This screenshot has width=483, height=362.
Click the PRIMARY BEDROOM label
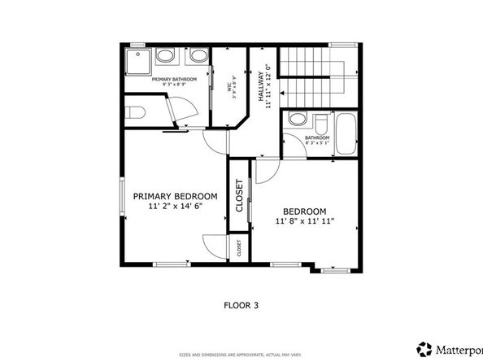click(175, 196)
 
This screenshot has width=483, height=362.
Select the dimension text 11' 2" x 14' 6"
click(175, 207)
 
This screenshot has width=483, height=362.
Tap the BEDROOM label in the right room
click(305, 211)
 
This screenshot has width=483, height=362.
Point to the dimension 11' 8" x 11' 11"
click(305, 220)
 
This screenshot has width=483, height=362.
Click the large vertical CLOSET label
click(240, 196)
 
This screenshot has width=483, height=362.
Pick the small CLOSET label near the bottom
click(239, 248)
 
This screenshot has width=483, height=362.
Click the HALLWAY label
click(263, 84)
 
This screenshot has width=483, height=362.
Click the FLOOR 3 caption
click(241, 306)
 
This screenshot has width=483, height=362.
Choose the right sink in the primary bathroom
click(197, 57)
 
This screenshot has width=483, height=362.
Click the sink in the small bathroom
click(297, 121)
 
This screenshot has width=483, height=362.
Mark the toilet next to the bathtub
click(320, 125)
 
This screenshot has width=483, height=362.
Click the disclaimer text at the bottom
click(241, 355)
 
